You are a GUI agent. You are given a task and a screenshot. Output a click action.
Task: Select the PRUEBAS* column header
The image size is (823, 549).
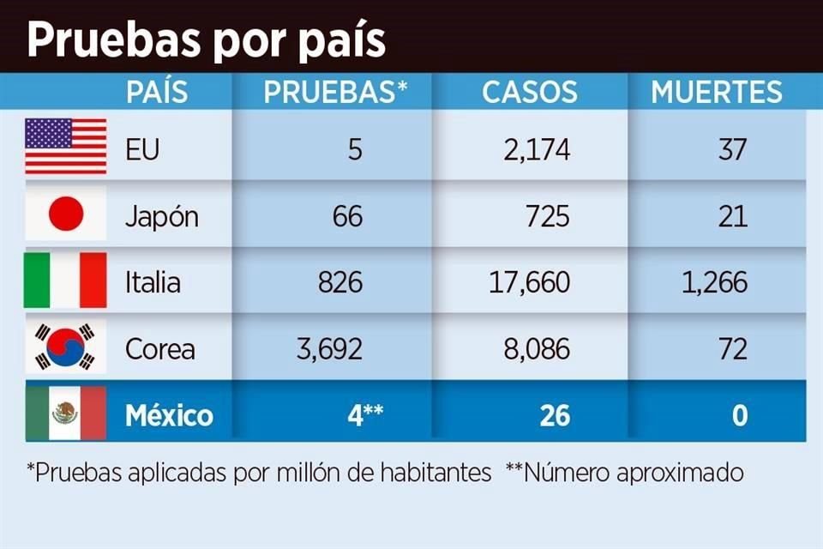334,92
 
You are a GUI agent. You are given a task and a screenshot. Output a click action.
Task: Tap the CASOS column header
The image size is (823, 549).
529,92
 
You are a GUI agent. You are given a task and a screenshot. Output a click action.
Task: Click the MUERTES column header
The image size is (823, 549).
716,92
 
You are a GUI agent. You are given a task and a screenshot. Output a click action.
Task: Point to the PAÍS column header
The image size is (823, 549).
156,92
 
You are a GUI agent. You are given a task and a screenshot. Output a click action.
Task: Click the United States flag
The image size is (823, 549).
66,147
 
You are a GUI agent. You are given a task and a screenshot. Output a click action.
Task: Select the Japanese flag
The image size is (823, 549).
66,214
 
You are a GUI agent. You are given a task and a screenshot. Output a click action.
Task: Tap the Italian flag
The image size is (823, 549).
66,281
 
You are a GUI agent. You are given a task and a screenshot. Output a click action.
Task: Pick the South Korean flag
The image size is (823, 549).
66,347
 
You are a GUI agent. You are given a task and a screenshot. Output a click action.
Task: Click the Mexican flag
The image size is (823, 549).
66,414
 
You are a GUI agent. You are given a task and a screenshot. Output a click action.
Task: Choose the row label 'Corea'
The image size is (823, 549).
159,349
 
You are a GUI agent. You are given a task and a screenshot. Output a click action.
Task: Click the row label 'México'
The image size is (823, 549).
169,416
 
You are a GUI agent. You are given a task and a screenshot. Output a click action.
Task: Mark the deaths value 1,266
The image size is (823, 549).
714,282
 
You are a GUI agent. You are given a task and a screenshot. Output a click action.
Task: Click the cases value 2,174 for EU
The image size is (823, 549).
536,149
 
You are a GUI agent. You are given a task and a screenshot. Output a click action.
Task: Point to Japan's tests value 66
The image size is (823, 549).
346,216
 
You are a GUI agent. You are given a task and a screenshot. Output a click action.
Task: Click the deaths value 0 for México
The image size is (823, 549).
739,416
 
